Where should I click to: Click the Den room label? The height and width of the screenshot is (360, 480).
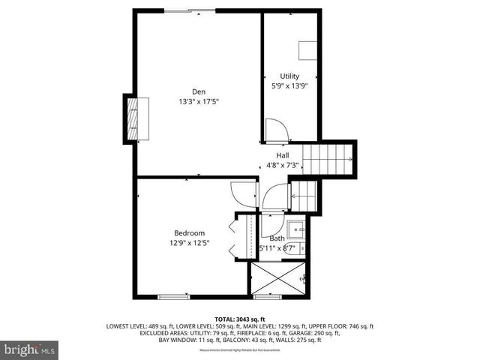click(x=199, y=91)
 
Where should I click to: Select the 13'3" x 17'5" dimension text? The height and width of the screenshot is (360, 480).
click(x=199, y=101)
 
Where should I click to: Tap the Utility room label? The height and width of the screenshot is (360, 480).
click(x=289, y=76)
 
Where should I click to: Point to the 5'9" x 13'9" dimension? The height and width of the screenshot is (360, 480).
click(x=289, y=85)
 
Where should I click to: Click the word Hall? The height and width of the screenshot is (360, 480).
click(x=282, y=155)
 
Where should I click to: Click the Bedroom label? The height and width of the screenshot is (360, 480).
click(x=189, y=232)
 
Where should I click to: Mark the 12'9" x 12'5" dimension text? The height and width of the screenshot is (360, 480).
click(x=189, y=242)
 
